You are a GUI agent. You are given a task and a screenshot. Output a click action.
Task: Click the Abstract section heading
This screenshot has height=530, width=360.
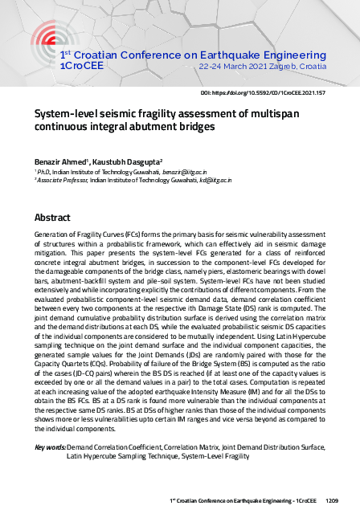click(x=52, y=217)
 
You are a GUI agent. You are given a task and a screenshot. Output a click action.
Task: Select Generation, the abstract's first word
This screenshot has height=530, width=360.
click(x=52, y=232)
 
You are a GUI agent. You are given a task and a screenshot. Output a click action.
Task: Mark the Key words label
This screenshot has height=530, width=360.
click(x=50, y=447)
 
